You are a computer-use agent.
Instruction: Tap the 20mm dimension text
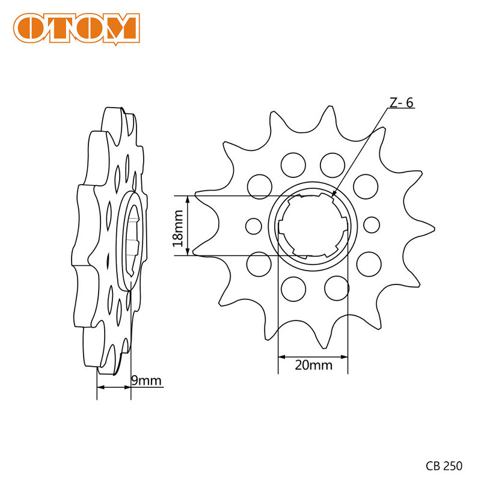313,365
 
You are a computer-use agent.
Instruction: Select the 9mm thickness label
146,380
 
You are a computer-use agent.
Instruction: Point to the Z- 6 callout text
400,103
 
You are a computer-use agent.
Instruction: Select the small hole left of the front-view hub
254,225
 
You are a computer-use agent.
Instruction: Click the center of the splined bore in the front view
313,225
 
